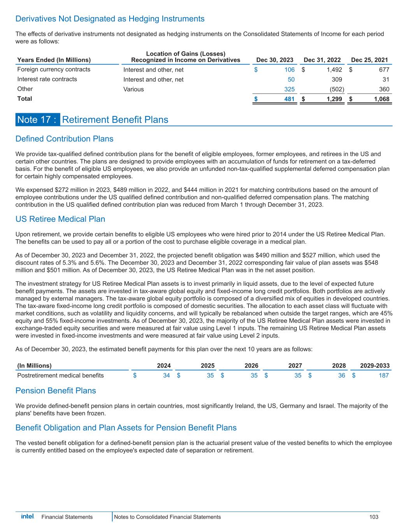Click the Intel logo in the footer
click(x=27, y=516)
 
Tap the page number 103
click(x=374, y=517)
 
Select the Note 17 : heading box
click(x=38, y=119)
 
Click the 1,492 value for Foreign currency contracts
click(x=334, y=70)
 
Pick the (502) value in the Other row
click(x=337, y=89)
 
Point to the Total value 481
click(x=289, y=99)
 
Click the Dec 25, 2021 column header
click(x=369, y=60)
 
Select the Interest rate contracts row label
click(x=47, y=79)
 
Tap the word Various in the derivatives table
click(x=134, y=89)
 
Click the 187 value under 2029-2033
click(x=383, y=375)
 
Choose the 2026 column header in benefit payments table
click(x=251, y=366)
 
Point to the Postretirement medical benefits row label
click(x=60, y=375)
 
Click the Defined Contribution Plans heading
click(x=64, y=139)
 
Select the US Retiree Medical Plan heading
click(x=60, y=219)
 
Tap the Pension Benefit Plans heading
click(x=55, y=390)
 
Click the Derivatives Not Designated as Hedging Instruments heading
click(x=110, y=19)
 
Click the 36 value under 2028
click(x=342, y=375)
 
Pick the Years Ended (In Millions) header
click(x=54, y=60)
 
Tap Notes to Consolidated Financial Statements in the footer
click(x=167, y=517)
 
